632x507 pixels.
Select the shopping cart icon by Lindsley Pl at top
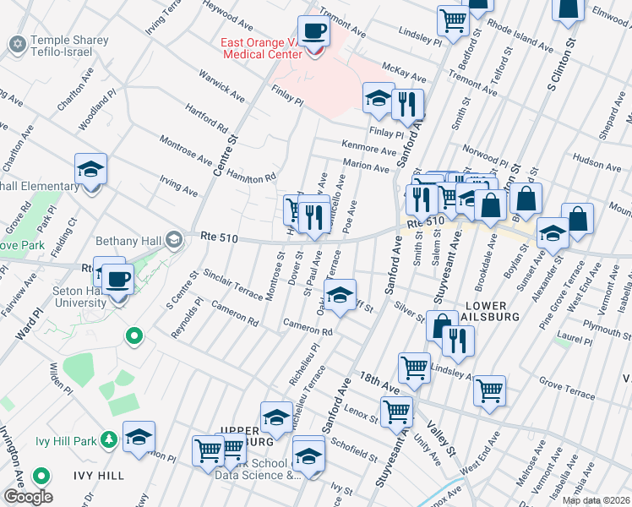point(454,20)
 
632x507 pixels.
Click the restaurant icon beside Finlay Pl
point(407,104)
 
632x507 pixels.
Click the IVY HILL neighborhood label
point(100,476)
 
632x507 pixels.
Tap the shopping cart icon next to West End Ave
point(490,390)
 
